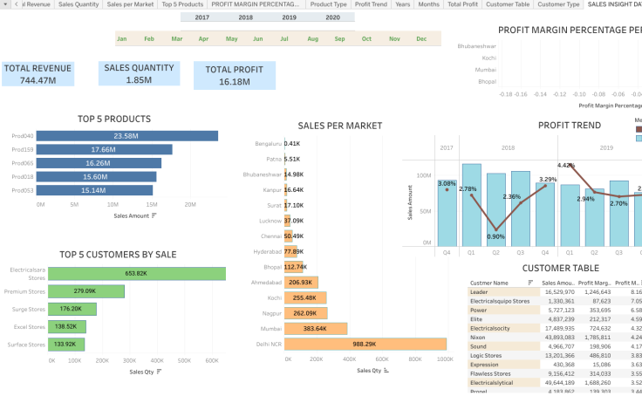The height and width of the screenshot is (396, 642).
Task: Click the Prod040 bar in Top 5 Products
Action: [x=129, y=136]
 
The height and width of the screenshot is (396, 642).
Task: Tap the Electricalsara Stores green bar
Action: [x=136, y=273]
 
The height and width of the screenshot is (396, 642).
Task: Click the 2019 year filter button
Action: [x=289, y=17]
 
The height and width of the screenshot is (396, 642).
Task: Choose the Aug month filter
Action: [x=312, y=38]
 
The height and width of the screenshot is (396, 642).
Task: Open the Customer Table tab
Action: [x=507, y=4]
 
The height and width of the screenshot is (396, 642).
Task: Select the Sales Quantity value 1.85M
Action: [x=139, y=80]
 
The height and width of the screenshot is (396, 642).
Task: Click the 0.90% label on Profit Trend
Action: [x=495, y=236]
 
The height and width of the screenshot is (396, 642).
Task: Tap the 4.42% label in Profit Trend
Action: [x=566, y=165]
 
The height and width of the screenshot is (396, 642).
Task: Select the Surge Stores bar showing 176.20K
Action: [x=72, y=309]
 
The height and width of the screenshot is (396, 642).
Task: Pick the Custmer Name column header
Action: [x=488, y=283]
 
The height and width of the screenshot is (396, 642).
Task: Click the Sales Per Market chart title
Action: [x=339, y=126]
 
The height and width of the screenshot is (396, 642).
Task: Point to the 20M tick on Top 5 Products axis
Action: [x=190, y=205]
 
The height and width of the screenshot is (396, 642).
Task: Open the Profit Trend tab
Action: [x=371, y=4]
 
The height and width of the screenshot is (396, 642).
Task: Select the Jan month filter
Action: [x=122, y=38]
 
